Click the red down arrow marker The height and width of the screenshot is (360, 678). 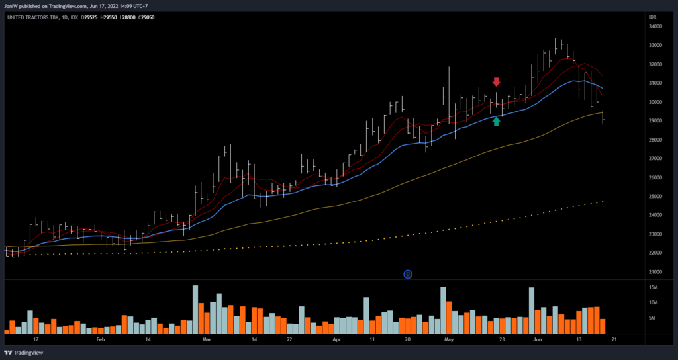pyautogui.click(x=497, y=82)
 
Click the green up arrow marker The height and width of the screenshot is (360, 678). pyautogui.click(x=497, y=121)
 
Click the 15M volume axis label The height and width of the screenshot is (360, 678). pyautogui.click(x=653, y=288)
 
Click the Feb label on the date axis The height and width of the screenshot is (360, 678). pyautogui.click(x=100, y=339)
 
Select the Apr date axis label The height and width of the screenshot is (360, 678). pyautogui.click(x=336, y=339)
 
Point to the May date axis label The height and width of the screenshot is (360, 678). pyautogui.click(x=448, y=339)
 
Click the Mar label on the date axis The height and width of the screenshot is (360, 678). pyautogui.click(x=206, y=339)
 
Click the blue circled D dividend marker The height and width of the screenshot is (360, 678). pyautogui.click(x=408, y=274)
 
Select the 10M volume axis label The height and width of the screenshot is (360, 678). pyautogui.click(x=653, y=303)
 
